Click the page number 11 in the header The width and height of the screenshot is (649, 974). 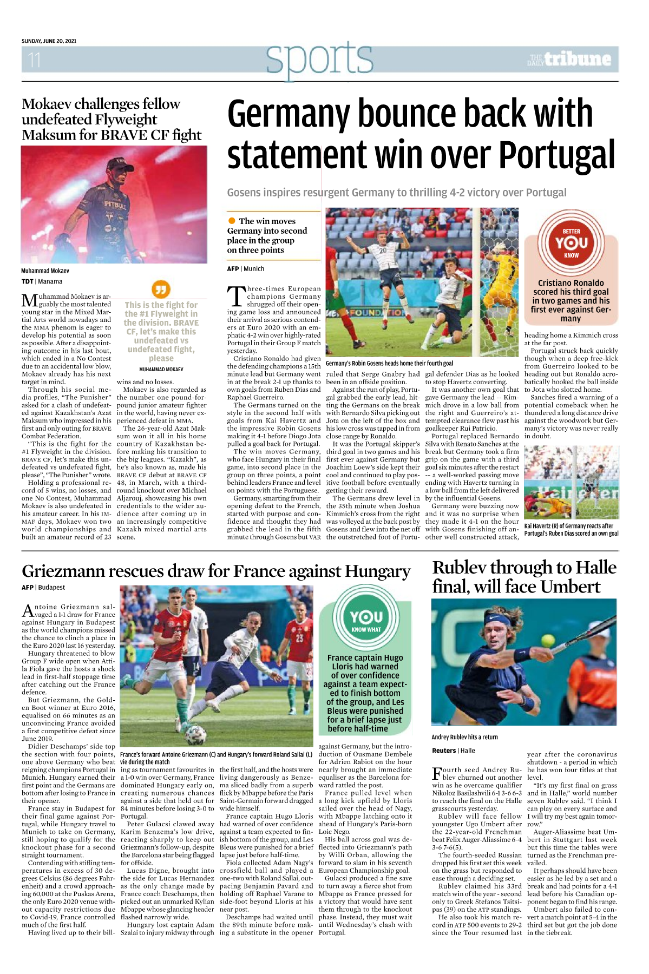point(34,60)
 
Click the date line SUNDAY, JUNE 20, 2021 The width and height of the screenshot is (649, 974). point(49,41)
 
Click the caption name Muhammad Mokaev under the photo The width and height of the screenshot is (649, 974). point(45,271)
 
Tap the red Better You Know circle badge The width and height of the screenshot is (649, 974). point(571,243)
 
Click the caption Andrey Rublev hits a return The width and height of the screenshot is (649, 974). point(464,737)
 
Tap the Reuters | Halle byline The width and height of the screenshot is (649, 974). point(453,751)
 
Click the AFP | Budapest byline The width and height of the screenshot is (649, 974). point(43,587)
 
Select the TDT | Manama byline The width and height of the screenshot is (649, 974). point(42,281)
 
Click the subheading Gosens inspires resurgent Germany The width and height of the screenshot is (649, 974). point(396,193)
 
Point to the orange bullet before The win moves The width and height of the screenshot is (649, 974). point(232,221)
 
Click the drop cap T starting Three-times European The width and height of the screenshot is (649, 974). point(235,296)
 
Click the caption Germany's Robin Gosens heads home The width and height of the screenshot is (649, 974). point(389,363)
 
